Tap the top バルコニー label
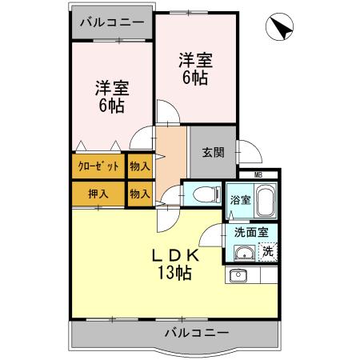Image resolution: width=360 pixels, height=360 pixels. (112, 21)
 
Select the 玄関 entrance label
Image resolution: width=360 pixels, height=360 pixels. (212, 153)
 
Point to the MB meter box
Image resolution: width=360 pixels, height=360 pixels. (258, 174)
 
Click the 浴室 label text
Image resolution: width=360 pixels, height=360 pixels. (241, 198)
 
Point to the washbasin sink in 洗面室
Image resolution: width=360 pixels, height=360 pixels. (245, 254)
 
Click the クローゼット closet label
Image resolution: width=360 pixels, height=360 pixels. (98, 166)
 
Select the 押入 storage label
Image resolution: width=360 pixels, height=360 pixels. (98, 194)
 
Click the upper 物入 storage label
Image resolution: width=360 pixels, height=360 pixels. (139, 166)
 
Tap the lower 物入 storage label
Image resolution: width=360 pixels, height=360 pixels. (139, 194)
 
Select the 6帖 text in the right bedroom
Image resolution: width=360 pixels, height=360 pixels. (194, 78)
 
